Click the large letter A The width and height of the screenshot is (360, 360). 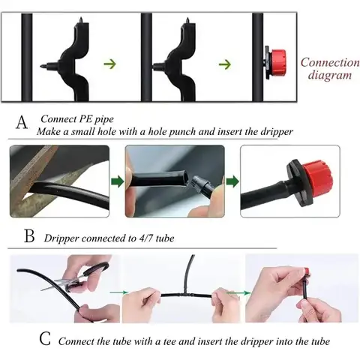point(22,121)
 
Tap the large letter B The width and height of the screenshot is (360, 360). point(29,235)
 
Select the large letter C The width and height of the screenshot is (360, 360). point(45,338)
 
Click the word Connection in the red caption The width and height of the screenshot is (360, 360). point(330,62)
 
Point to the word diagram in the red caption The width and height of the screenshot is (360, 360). point(330,75)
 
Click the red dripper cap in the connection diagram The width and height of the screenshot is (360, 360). point(278,62)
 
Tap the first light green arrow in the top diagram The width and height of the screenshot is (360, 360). point(110,64)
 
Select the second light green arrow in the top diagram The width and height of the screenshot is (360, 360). point(225,64)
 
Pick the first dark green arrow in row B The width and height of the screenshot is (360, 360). point(117,181)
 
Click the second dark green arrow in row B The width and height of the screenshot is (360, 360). point(232,181)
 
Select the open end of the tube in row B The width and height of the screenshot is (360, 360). point(185,175)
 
